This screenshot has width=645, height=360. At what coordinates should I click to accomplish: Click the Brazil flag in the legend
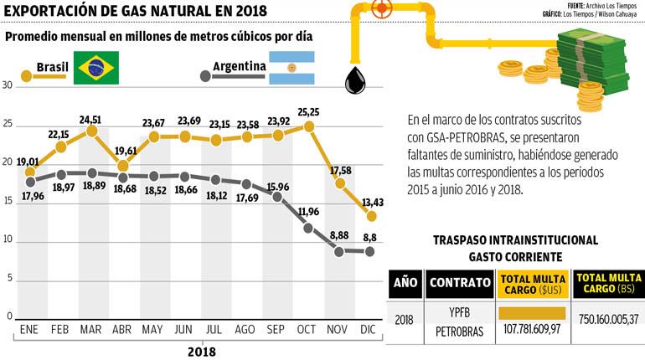pos(95,68)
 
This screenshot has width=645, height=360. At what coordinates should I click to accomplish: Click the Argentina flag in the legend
pos(291,68)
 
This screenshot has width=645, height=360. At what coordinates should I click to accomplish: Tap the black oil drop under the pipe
pos(355,80)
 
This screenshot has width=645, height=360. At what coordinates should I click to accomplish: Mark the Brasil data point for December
pos(370,215)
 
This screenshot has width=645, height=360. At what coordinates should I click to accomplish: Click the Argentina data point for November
pos(339,250)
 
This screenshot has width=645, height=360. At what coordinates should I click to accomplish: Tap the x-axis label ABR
pos(121,330)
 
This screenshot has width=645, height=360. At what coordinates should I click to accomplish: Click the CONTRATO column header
pos(460,283)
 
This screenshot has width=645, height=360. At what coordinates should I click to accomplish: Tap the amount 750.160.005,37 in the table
pos(607,320)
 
